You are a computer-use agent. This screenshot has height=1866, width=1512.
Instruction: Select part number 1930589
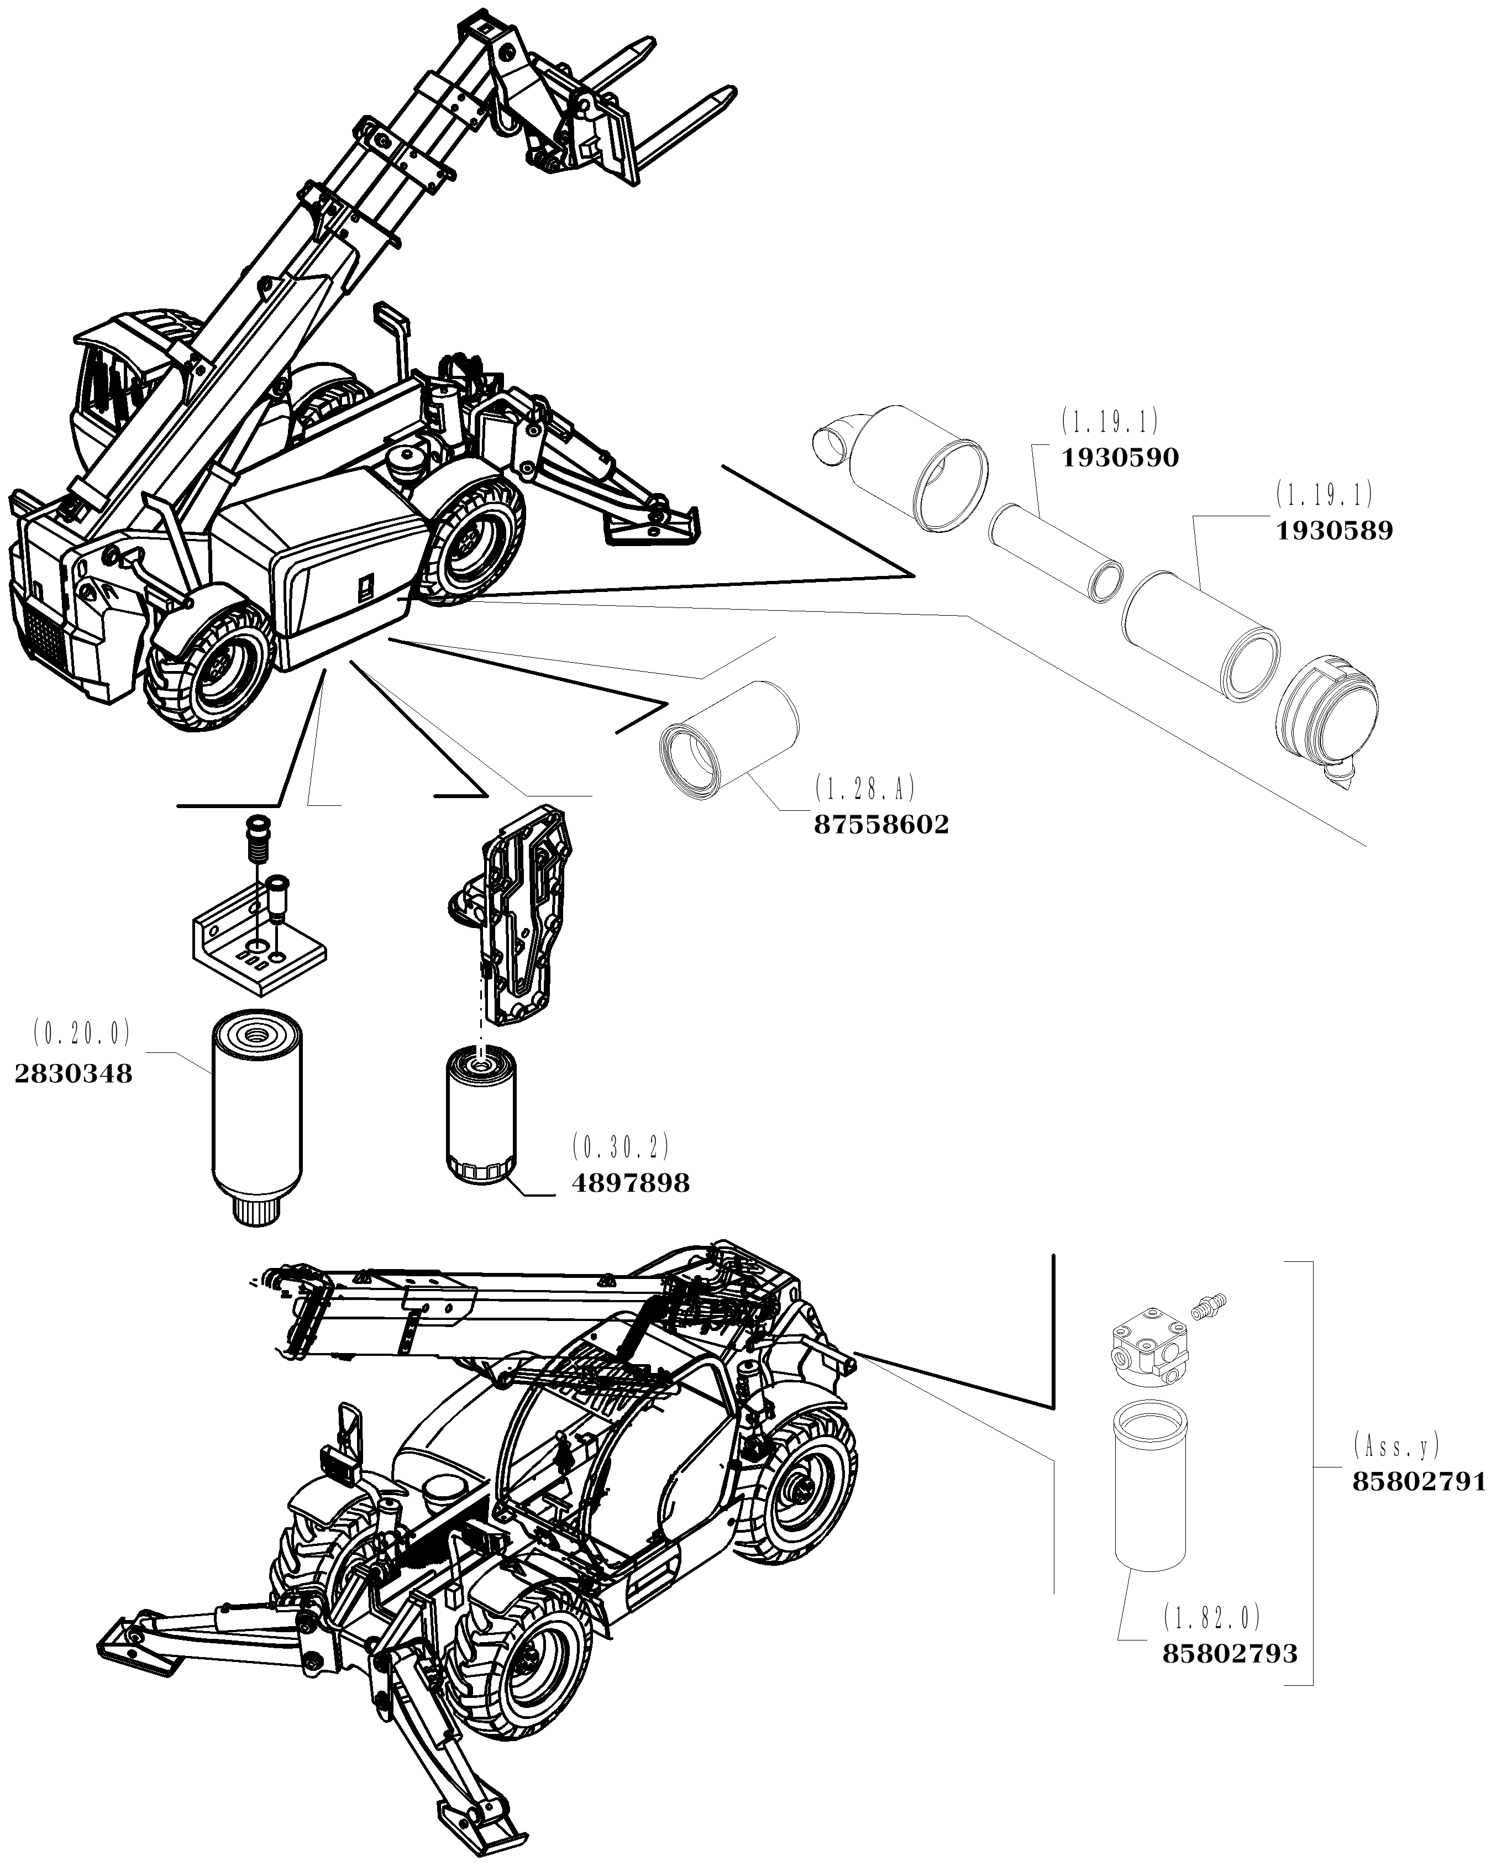[x=1334, y=531]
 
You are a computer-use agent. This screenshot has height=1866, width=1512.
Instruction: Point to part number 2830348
[x=74, y=1074]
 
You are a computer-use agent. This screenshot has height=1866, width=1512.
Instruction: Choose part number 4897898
[x=631, y=1183]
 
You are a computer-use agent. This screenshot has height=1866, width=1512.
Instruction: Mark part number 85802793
[x=1230, y=1653]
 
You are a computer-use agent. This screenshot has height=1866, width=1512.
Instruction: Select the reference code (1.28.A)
[x=865, y=788]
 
